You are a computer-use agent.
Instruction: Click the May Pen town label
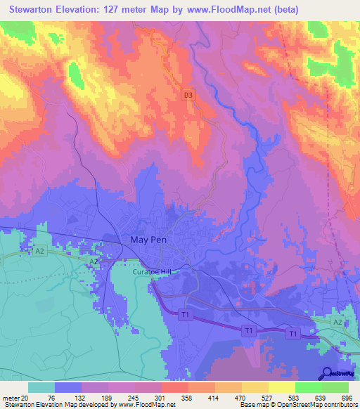point(148,240)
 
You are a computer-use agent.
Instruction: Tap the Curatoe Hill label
point(151,271)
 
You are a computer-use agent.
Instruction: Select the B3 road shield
point(188,93)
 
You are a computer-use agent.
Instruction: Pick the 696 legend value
point(345,397)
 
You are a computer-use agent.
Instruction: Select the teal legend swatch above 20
point(41,387)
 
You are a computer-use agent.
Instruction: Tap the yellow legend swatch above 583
point(282,387)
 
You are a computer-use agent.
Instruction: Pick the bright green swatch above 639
point(309,387)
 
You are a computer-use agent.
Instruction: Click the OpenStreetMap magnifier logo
point(327,374)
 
